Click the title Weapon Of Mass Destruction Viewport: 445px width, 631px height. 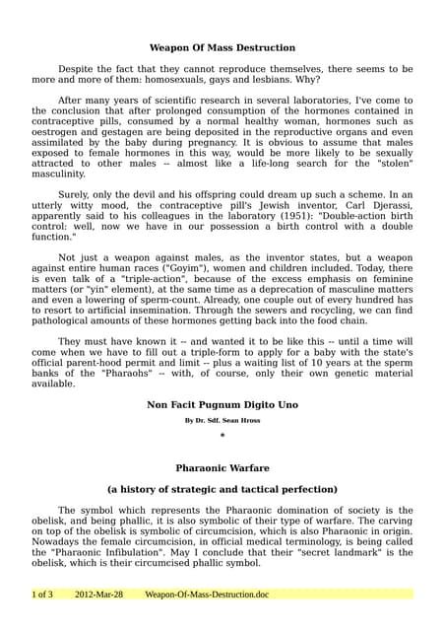(222, 47)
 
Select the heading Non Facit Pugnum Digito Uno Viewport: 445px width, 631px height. (222, 404)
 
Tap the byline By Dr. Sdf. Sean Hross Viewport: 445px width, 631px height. (222, 420)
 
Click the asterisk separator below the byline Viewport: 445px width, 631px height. (222, 436)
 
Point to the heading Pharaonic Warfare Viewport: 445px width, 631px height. (222, 468)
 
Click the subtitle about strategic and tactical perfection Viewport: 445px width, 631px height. (222, 489)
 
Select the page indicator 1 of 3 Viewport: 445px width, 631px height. (42, 595)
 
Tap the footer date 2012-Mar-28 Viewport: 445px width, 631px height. (98, 595)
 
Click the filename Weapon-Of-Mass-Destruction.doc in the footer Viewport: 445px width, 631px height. (206, 595)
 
